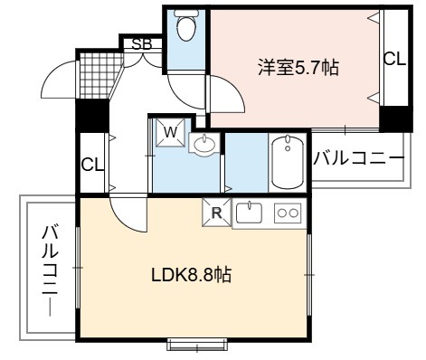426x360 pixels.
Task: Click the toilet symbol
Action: point(185,25)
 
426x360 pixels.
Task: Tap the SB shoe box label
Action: point(141,44)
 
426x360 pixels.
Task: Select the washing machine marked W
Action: point(170,132)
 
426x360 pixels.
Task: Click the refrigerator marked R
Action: point(216,213)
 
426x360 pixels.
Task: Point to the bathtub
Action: point(288,163)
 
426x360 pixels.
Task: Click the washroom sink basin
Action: point(204,144)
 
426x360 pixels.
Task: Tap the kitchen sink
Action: point(249,213)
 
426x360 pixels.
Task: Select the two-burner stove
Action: point(288,213)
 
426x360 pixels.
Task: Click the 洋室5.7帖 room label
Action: point(298,68)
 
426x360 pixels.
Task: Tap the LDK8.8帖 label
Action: point(191,275)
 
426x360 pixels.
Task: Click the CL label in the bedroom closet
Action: point(394,60)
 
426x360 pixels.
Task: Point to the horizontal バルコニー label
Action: point(359,158)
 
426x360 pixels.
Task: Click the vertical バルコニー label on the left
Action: point(50,270)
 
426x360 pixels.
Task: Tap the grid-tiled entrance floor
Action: point(100,76)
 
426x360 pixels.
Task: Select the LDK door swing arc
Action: point(127,215)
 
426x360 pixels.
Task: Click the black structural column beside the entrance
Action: point(92,116)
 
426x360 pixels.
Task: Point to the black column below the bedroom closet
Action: point(395,118)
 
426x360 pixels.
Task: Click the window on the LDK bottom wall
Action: point(197,344)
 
